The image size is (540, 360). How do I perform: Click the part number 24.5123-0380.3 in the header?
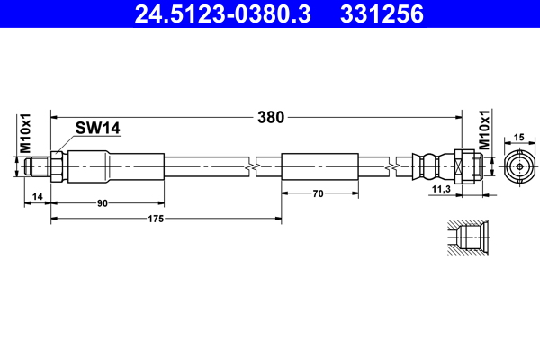pos(223,14)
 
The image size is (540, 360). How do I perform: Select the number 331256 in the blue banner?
pos(382,14)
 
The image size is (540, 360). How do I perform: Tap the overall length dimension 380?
pos(271,118)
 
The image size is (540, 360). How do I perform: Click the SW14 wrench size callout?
pos(98,128)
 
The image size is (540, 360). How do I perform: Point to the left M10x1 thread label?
pos(25,133)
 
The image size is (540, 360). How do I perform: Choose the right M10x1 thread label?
pos(484,130)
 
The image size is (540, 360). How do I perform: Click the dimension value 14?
pos(37,196)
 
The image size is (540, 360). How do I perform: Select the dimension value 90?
pos(103,203)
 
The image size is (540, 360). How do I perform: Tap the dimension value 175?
pos(156,219)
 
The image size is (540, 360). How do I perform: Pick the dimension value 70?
pos(319,194)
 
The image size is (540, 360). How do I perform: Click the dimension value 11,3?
pos(442,189)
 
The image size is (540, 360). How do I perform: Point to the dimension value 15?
pos(518,138)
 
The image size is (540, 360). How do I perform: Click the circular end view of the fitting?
pos(519,167)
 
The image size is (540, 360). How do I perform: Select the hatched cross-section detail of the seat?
pos(468,238)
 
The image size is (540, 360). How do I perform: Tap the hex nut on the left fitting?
pos(57,167)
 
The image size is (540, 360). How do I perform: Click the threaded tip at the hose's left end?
pos(38,167)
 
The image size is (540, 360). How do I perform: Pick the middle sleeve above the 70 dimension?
pos(319,167)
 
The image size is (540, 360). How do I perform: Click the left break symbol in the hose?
pos(252,167)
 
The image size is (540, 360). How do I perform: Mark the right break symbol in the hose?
pos(392,167)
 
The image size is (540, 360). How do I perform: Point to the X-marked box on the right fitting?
pos(458,167)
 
